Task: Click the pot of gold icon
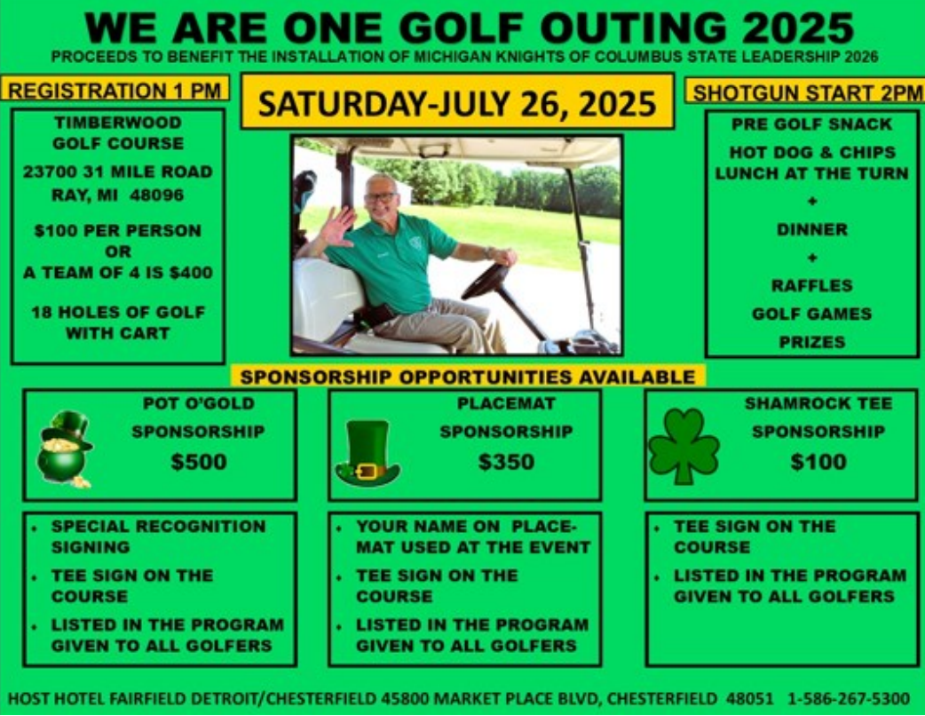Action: (x=65, y=449)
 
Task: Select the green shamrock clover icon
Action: (x=684, y=446)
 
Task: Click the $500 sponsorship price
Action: (x=199, y=462)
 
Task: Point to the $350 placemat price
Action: (x=506, y=462)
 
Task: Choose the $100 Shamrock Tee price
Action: (x=818, y=462)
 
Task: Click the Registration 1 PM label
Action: (x=115, y=91)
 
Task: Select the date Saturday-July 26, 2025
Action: (x=457, y=103)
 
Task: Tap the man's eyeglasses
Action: (x=381, y=198)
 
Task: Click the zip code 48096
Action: (x=156, y=195)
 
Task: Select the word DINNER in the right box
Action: (x=811, y=229)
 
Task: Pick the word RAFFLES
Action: (x=811, y=286)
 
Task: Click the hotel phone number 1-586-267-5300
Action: (x=849, y=699)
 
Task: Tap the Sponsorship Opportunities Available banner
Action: (x=468, y=377)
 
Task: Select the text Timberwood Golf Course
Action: (x=118, y=133)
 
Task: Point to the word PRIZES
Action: (x=811, y=342)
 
